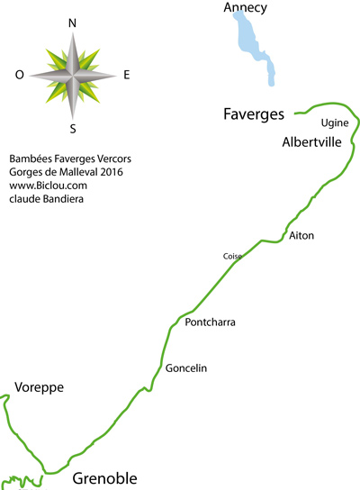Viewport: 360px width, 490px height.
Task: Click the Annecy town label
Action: pyautogui.click(x=246, y=7)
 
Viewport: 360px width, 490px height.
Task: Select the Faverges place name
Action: pyautogui.click(x=254, y=114)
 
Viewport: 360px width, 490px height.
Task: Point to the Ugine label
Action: pyautogui.click(x=335, y=123)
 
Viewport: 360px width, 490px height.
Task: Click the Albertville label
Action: pyautogui.click(x=311, y=142)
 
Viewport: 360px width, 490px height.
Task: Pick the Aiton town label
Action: pyautogui.click(x=301, y=235)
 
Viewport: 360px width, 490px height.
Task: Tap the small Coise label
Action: pyautogui.click(x=232, y=256)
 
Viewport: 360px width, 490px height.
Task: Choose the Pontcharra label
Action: pyautogui.click(x=210, y=322)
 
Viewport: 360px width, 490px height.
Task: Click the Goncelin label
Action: pyautogui.click(x=186, y=368)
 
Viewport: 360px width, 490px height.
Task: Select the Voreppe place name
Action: pyautogui.click(x=39, y=388)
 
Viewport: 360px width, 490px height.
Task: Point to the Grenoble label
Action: pyautogui.click(x=104, y=478)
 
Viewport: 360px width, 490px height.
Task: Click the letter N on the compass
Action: pyautogui.click(x=72, y=23)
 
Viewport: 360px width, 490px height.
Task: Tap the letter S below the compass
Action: pyautogui.click(x=73, y=129)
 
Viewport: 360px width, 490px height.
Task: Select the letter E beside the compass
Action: pyautogui.click(x=127, y=75)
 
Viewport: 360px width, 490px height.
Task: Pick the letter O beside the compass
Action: pyautogui.click(x=20, y=75)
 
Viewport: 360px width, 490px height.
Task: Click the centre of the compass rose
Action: pyautogui.click(x=73, y=76)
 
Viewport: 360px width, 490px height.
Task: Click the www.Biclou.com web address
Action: pyautogui.click(x=48, y=186)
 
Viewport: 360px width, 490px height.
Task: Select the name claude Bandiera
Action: pyautogui.click(x=46, y=199)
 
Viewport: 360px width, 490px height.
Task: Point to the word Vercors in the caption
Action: pyautogui.click(x=114, y=159)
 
